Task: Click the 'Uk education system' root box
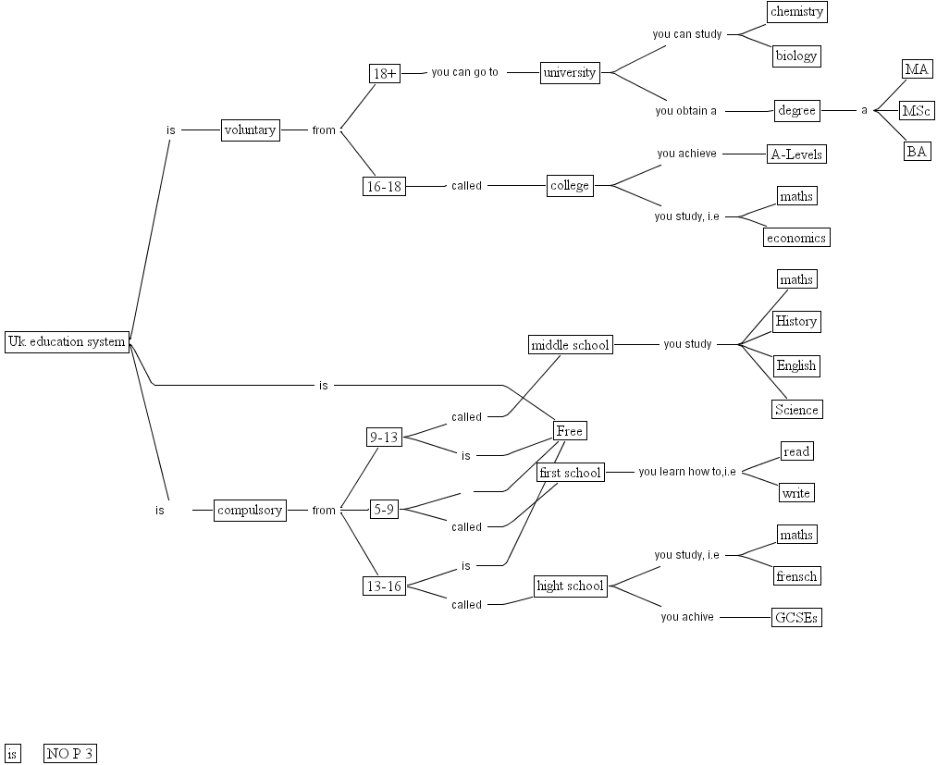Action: pos(67,341)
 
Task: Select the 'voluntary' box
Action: pos(250,130)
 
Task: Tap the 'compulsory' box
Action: pos(250,510)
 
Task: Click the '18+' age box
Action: pos(384,73)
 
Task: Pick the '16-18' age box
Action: pos(385,186)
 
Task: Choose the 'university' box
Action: pos(570,73)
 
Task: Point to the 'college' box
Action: pos(570,185)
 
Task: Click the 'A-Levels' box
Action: pos(796,154)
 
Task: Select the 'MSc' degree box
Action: pos(916,111)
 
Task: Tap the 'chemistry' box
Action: pos(796,12)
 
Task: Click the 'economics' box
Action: pos(796,238)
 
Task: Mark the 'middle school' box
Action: pos(570,345)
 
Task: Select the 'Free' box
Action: pos(570,430)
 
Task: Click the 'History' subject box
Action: pos(796,322)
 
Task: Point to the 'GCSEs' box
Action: pos(796,617)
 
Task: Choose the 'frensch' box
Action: pos(796,576)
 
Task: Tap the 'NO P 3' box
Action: pos(70,753)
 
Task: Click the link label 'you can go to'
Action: pos(464,72)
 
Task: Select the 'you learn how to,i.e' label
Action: pos(687,472)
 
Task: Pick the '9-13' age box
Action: pos(384,438)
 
